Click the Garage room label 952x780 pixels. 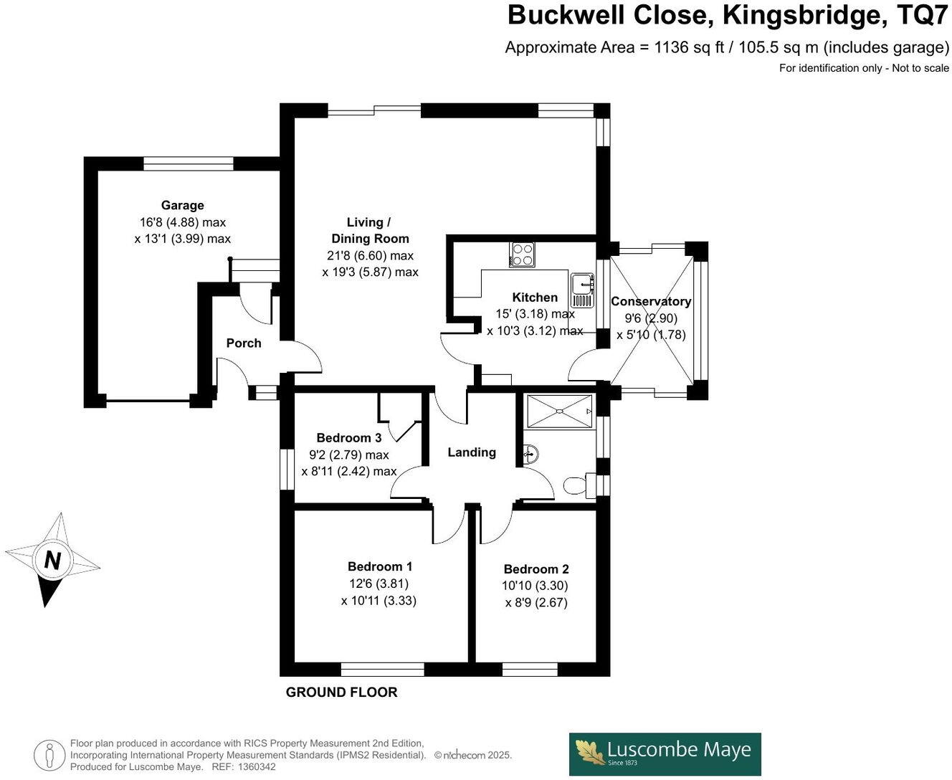tap(182, 206)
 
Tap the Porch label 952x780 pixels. tap(244, 343)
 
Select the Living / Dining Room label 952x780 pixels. tap(370, 230)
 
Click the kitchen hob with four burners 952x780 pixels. tap(522, 255)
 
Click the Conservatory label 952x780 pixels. tap(651, 302)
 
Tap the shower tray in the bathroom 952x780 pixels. tap(559, 412)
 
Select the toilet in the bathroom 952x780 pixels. tap(577, 486)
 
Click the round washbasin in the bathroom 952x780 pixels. tap(530, 453)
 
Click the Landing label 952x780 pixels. tap(472, 452)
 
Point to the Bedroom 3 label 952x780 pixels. tap(349, 438)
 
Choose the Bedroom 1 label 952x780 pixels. tap(380, 567)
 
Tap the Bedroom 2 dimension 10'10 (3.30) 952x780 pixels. tap(535, 586)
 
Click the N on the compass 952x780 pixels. tap(52, 560)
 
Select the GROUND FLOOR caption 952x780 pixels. tap(341, 693)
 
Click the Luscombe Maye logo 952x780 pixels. tap(665, 753)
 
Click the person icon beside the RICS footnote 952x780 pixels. tap(49, 755)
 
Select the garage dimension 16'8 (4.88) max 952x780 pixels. tap(183, 222)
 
